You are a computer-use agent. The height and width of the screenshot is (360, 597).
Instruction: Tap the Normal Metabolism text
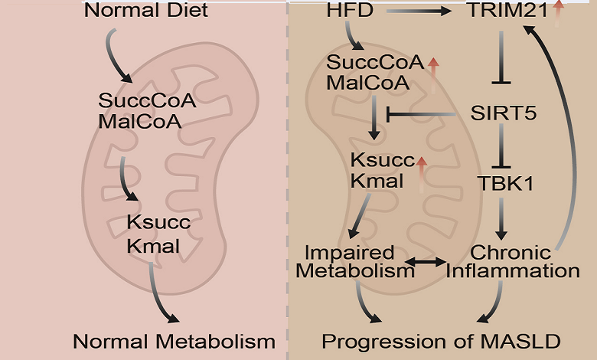(174, 340)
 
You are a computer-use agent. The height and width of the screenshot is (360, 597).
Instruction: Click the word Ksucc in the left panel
(160, 224)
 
